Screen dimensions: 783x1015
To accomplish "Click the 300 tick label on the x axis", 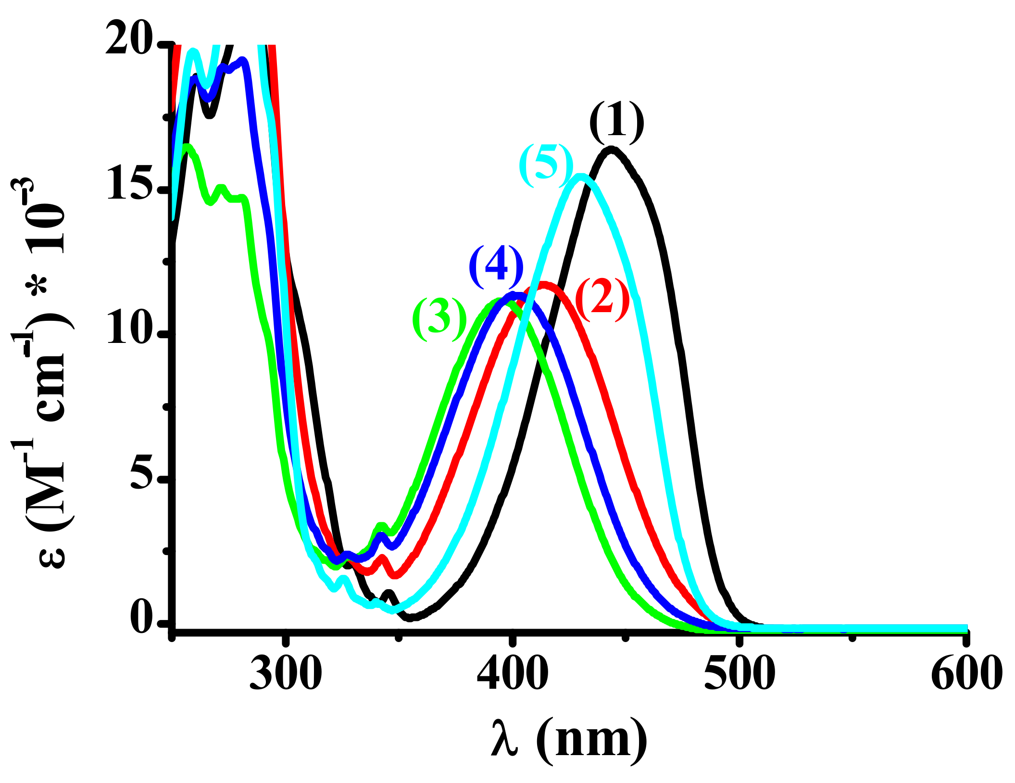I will click(x=286, y=673).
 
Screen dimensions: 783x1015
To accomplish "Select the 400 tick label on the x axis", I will click(x=513, y=673).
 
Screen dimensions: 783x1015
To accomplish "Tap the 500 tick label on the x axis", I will click(x=739, y=673).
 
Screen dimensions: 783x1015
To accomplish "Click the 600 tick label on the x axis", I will click(x=966, y=673).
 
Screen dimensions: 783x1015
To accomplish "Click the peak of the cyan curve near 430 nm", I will click(x=581, y=177).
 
